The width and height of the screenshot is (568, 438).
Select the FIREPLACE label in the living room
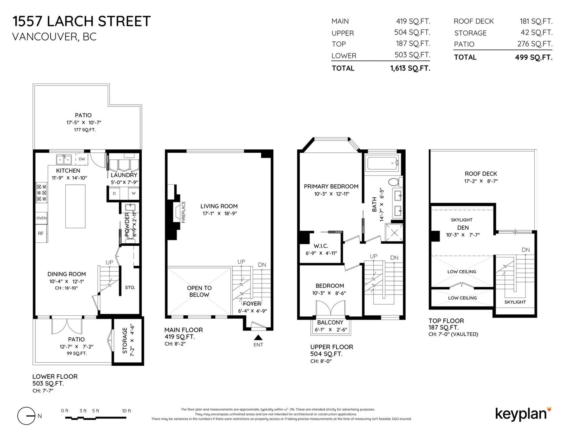coord(183,212)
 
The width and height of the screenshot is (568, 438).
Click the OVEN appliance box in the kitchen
coord(41,218)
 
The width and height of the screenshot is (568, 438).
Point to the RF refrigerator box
coord(41,233)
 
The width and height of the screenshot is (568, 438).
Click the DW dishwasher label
coord(82,159)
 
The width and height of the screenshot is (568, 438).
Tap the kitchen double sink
coord(64,160)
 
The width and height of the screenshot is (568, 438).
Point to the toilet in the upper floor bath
coord(394,182)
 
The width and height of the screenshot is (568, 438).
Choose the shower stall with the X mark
coord(394,233)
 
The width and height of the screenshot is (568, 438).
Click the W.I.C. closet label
coord(321,246)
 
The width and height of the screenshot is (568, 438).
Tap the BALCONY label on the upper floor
coord(330,322)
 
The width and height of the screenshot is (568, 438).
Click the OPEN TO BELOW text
coord(199,291)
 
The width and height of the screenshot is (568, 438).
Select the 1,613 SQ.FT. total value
coord(410,69)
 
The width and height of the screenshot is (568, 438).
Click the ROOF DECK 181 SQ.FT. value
coord(536,21)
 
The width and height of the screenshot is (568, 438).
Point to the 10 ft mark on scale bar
coord(126,411)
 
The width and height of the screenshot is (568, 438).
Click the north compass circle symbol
coord(26,416)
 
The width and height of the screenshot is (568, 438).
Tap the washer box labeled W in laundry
coord(134,193)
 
